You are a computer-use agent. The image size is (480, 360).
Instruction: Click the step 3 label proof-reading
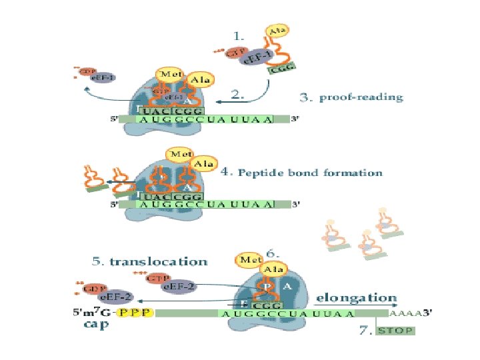361,97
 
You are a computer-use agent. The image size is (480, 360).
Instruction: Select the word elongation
356,298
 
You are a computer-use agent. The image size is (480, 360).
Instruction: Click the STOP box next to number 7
395,331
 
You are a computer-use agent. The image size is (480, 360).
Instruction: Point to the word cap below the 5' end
96,325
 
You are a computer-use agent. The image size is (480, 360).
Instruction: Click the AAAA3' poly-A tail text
411,312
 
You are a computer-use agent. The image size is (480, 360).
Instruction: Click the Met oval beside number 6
251,259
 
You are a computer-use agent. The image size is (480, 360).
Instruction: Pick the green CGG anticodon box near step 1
281,66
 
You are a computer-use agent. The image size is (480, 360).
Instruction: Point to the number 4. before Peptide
225,172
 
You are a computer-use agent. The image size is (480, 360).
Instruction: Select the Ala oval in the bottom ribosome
274,269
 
